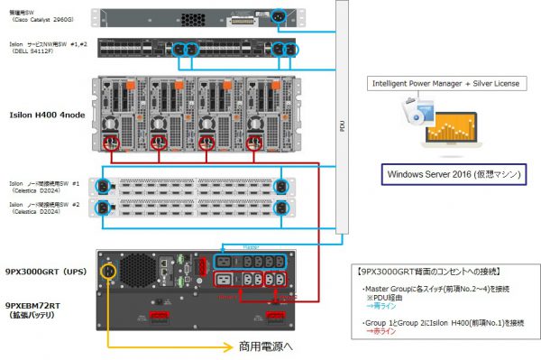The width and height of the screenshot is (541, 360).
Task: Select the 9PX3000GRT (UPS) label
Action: click(45, 270)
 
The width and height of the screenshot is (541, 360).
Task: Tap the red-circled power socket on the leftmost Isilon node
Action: click(112, 143)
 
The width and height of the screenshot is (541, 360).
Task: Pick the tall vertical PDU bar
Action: click(341, 117)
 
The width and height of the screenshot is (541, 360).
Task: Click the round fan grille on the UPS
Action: click(137, 270)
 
